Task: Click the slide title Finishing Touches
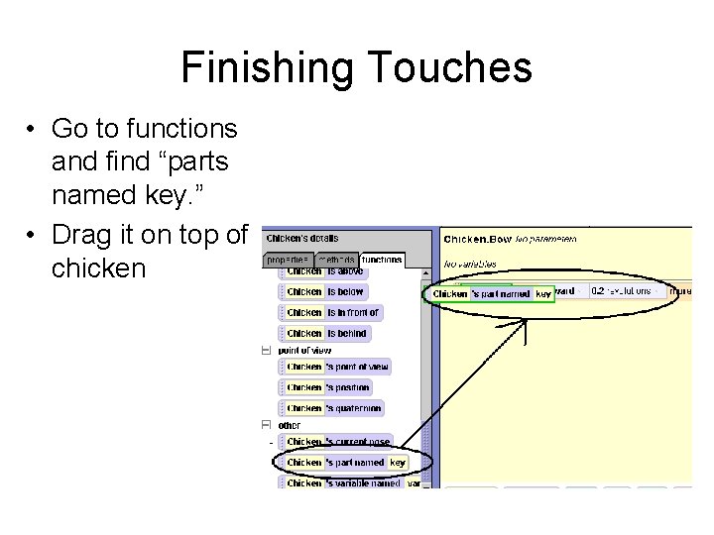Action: (356, 67)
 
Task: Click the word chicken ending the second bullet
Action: (98, 268)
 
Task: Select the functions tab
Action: (383, 260)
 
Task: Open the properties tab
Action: (288, 260)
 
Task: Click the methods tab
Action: (337, 260)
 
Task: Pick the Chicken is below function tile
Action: (324, 292)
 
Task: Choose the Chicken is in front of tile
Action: (332, 313)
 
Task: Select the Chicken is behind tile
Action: (325, 334)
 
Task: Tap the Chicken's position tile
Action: (327, 387)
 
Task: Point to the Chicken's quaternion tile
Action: (332, 408)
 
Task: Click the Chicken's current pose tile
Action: (337, 442)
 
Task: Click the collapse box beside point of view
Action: (266, 350)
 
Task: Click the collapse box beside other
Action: (266, 425)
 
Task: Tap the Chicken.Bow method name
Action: (477, 239)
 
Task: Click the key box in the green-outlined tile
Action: (543, 294)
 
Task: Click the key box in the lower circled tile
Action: (398, 463)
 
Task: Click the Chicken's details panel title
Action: (302, 238)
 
